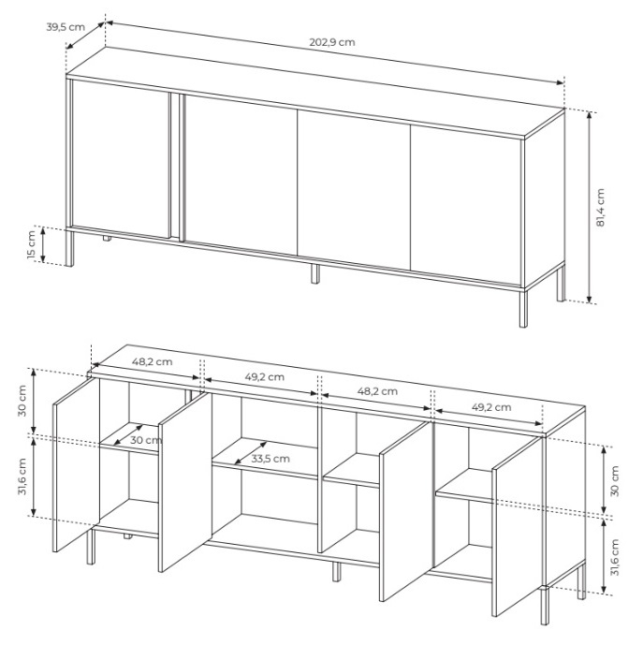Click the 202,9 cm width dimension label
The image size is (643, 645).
coord(332,42)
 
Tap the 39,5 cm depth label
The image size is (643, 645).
coord(66,27)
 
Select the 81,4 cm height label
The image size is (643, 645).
coord(600,208)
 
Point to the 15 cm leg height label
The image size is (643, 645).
coord(31,244)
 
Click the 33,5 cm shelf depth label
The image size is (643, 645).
coord(270,459)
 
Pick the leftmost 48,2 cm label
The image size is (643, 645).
coord(153,362)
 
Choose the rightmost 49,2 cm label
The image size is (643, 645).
coord(491,407)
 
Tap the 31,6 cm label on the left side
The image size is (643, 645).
coord(22,476)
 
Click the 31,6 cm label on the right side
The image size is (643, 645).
coord(615,558)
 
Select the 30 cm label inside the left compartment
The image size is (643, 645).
coord(146,440)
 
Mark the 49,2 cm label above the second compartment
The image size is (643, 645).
coord(265,377)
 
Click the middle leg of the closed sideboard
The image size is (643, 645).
coord(314,273)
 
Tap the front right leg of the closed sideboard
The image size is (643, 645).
coord(523,309)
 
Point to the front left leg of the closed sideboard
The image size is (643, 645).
coord(70,248)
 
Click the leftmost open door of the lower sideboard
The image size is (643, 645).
coord(76,465)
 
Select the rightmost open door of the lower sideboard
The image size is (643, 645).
coord(518,526)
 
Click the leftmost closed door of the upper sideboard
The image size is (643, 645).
coord(120,159)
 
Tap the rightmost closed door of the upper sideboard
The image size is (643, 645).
coord(466,206)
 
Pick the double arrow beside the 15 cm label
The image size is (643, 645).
coord(43,244)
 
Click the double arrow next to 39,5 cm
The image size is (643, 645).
coord(85,36)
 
